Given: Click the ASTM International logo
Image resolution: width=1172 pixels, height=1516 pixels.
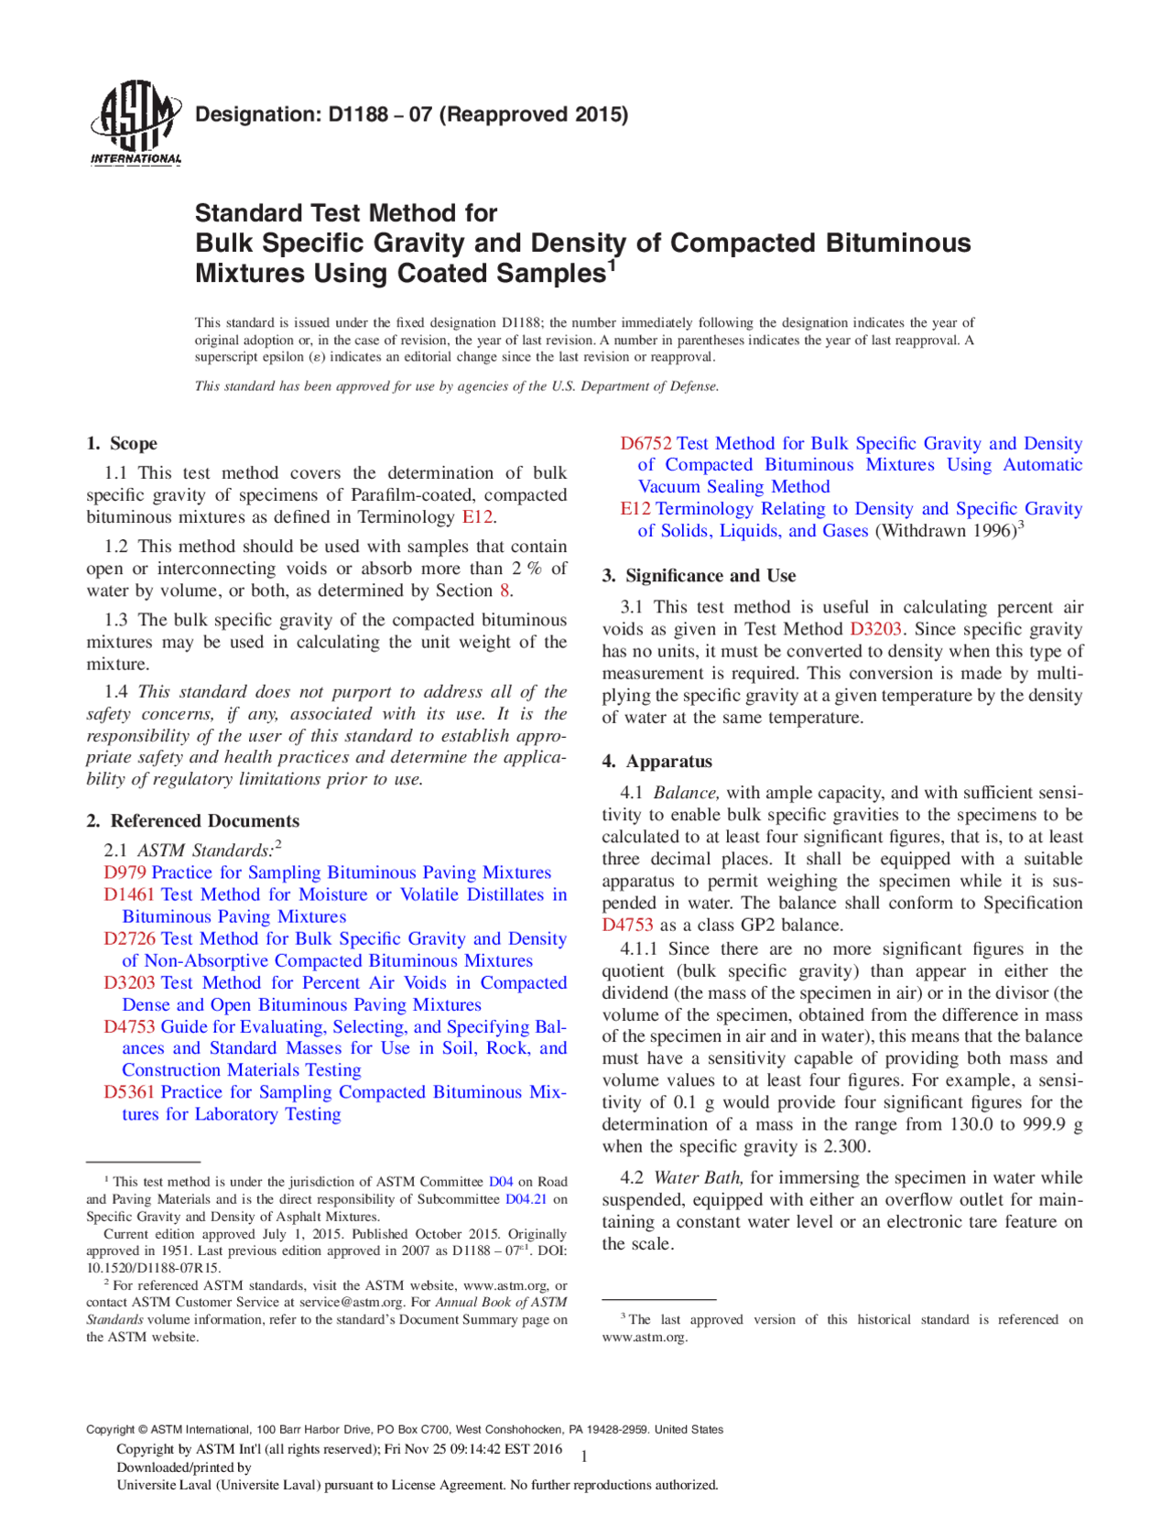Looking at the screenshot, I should (x=136, y=123).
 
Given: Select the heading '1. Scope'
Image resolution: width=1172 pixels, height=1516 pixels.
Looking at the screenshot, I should (x=122, y=444).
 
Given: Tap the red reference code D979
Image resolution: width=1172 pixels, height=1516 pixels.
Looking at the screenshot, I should (x=125, y=872).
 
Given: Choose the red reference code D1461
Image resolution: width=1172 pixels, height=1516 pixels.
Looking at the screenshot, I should (x=129, y=894).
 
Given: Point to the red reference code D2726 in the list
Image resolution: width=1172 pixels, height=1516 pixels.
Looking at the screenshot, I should (x=129, y=938).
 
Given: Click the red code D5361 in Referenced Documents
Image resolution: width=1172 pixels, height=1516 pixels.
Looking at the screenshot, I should (x=129, y=1092).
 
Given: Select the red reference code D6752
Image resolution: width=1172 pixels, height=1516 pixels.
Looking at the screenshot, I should (x=646, y=444).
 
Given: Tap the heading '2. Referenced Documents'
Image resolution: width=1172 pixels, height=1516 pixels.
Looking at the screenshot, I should (x=193, y=821).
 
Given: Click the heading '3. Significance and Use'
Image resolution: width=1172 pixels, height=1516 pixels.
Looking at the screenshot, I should (x=699, y=576).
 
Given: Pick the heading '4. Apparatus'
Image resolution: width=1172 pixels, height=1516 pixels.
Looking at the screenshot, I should (x=657, y=762).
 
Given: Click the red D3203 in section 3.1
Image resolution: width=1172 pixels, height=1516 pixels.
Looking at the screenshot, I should (x=875, y=630).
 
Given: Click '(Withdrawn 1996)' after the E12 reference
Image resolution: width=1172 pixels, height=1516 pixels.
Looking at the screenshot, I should (x=946, y=531).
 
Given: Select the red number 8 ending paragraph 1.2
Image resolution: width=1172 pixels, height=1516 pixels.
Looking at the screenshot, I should (x=504, y=591).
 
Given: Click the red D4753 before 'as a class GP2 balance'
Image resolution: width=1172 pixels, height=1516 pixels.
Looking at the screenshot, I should (x=627, y=926).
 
